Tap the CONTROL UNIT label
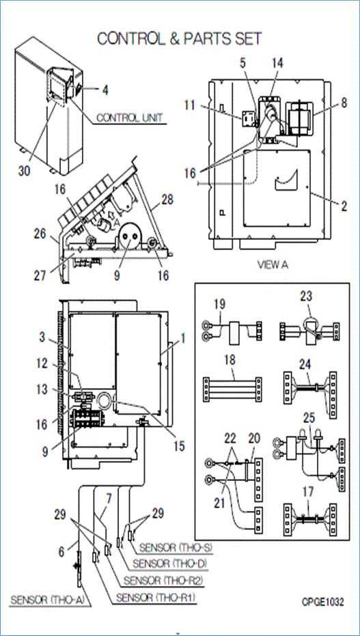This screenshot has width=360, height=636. click(130, 117)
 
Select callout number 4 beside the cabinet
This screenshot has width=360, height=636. click(105, 89)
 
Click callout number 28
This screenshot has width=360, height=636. click(167, 199)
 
